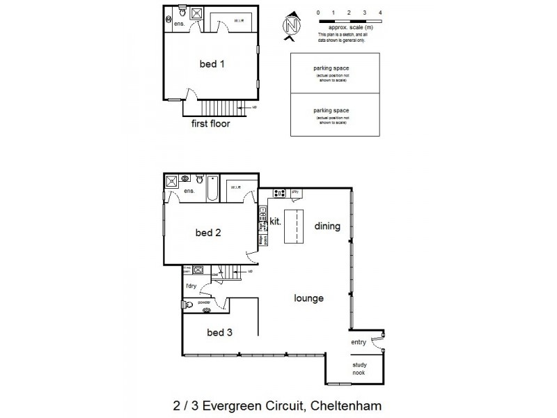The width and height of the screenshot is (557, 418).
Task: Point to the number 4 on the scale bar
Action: pos(379,13)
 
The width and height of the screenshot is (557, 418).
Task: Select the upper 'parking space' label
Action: pos(331,68)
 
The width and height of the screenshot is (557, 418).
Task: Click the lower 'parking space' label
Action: pos(331,111)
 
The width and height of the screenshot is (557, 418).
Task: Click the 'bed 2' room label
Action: pos(208,233)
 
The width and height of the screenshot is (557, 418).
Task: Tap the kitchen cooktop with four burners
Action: pos(279,193)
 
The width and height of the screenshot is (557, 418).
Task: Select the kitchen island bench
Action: pos(295,226)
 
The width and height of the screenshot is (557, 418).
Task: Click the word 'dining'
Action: pos(327,226)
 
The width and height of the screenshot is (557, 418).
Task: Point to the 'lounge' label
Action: pos(308,298)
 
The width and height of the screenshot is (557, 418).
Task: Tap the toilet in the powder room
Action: pos(187,304)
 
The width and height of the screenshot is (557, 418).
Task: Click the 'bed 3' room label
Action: pos(219,332)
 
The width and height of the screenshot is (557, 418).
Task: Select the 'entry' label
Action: pos(359,342)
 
